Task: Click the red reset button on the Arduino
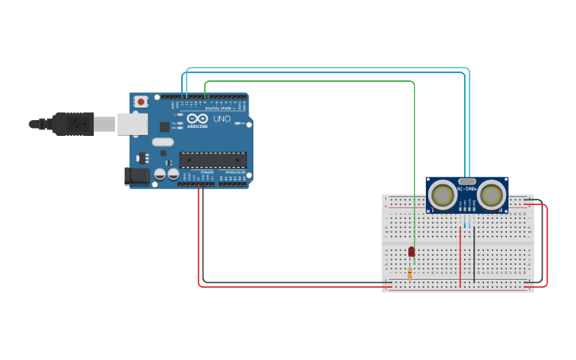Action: [141, 101]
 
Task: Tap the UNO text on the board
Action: [222, 119]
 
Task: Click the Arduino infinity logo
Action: [197, 118]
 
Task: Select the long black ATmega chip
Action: [212, 160]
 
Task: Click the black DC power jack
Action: [136, 176]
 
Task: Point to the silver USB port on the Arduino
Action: [132, 123]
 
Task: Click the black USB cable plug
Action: [74, 124]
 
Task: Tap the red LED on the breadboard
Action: [411, 251]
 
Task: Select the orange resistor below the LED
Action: [410, 273]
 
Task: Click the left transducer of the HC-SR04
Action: [443, 195]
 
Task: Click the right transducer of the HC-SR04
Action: [491, 195]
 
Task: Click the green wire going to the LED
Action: [414, 159]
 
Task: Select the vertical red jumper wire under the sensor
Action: [460, 254]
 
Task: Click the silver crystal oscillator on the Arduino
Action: [184, 142]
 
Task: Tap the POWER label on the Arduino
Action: [207, 172]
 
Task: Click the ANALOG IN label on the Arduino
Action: [234, 172]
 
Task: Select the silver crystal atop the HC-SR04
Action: [467, 181]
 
